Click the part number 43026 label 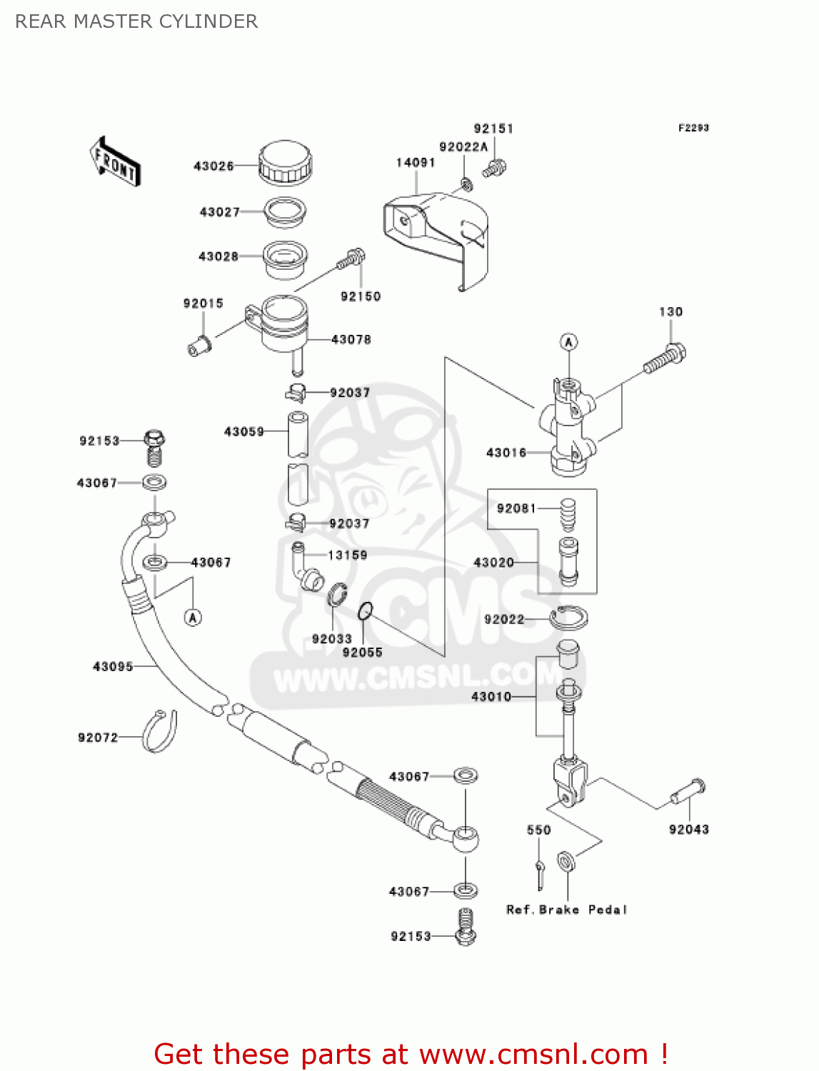tap(213, 166)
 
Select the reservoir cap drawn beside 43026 tap(285, 162)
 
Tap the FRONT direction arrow tap(115, 162)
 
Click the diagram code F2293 tap(693, 128)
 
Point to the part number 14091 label tap(416, 163)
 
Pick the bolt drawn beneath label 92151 tap(494, 169)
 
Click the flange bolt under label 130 tap(665, 358)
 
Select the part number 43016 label tap(506, 453)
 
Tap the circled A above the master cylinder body tap(568, 342)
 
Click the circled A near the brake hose tap(193, 617)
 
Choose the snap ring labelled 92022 tap(568, 617)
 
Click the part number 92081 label tap(516, 508)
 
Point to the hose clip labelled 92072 tap(160, 731)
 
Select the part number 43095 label tap(113, 667)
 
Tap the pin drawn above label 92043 tap(688, 791)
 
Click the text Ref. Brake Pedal tap(566, 910)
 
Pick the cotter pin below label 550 tap(541, 873)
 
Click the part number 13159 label tap(348, 555)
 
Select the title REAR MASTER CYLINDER tap(136, 21)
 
